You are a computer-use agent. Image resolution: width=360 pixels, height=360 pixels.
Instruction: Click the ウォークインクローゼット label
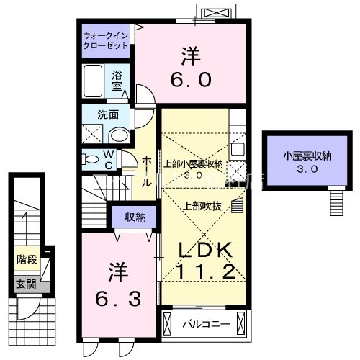point(105,38)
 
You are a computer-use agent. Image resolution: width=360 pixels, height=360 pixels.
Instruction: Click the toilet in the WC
point(90,158)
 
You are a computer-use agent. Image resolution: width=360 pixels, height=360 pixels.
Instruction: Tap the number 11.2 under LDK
point(204,272)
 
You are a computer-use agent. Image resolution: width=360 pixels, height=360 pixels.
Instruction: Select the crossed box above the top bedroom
point(216,12)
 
